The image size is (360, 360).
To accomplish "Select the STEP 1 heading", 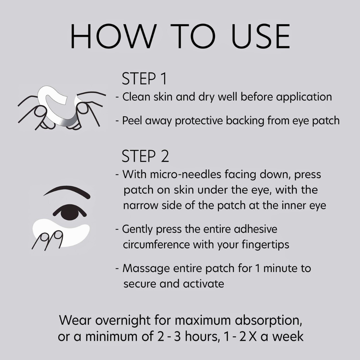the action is pos(144,79).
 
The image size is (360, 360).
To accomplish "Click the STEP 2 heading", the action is pos(145,156).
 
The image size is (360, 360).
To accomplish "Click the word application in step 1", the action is pos(304,97).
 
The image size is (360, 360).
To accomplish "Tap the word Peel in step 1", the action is pos(132,120).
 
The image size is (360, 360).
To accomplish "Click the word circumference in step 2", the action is pos(156,244).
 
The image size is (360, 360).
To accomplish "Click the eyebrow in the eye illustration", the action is pos(67,191).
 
